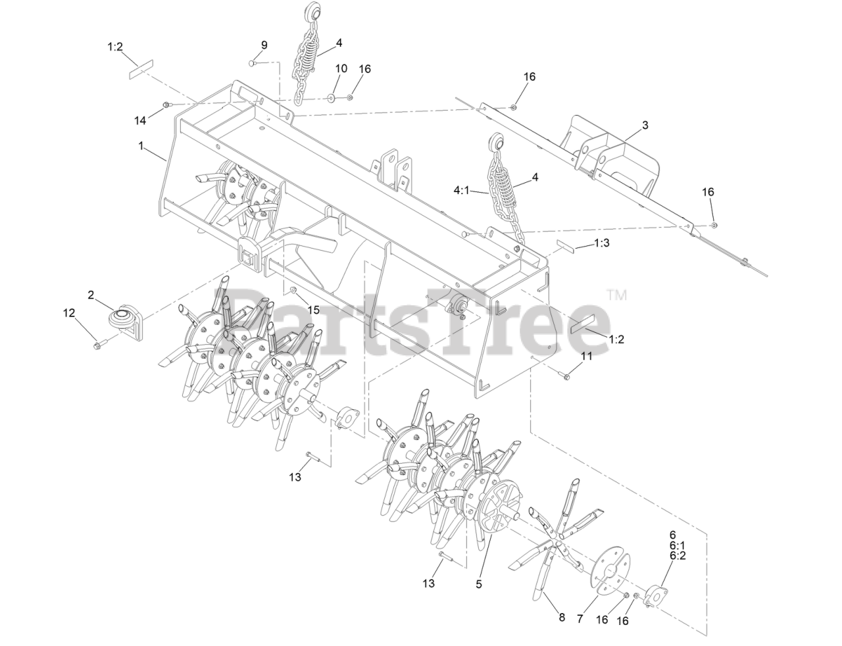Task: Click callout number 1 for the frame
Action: point(140,146)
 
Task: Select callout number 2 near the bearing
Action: point(91,295)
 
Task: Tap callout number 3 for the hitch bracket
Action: point(645,125)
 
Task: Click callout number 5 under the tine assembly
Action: point(479,584)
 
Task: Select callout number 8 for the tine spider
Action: point(562,617)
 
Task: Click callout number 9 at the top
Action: point(264,45)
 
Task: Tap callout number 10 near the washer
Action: point(341,68)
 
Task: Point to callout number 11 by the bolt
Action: point(586,356)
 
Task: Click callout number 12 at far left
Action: point(69,314)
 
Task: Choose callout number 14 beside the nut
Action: point(140,120)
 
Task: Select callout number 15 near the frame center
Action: point(313,309)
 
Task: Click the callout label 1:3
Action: point(601,243)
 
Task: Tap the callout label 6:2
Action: point(678,556)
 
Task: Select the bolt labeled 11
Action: point(564,376)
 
